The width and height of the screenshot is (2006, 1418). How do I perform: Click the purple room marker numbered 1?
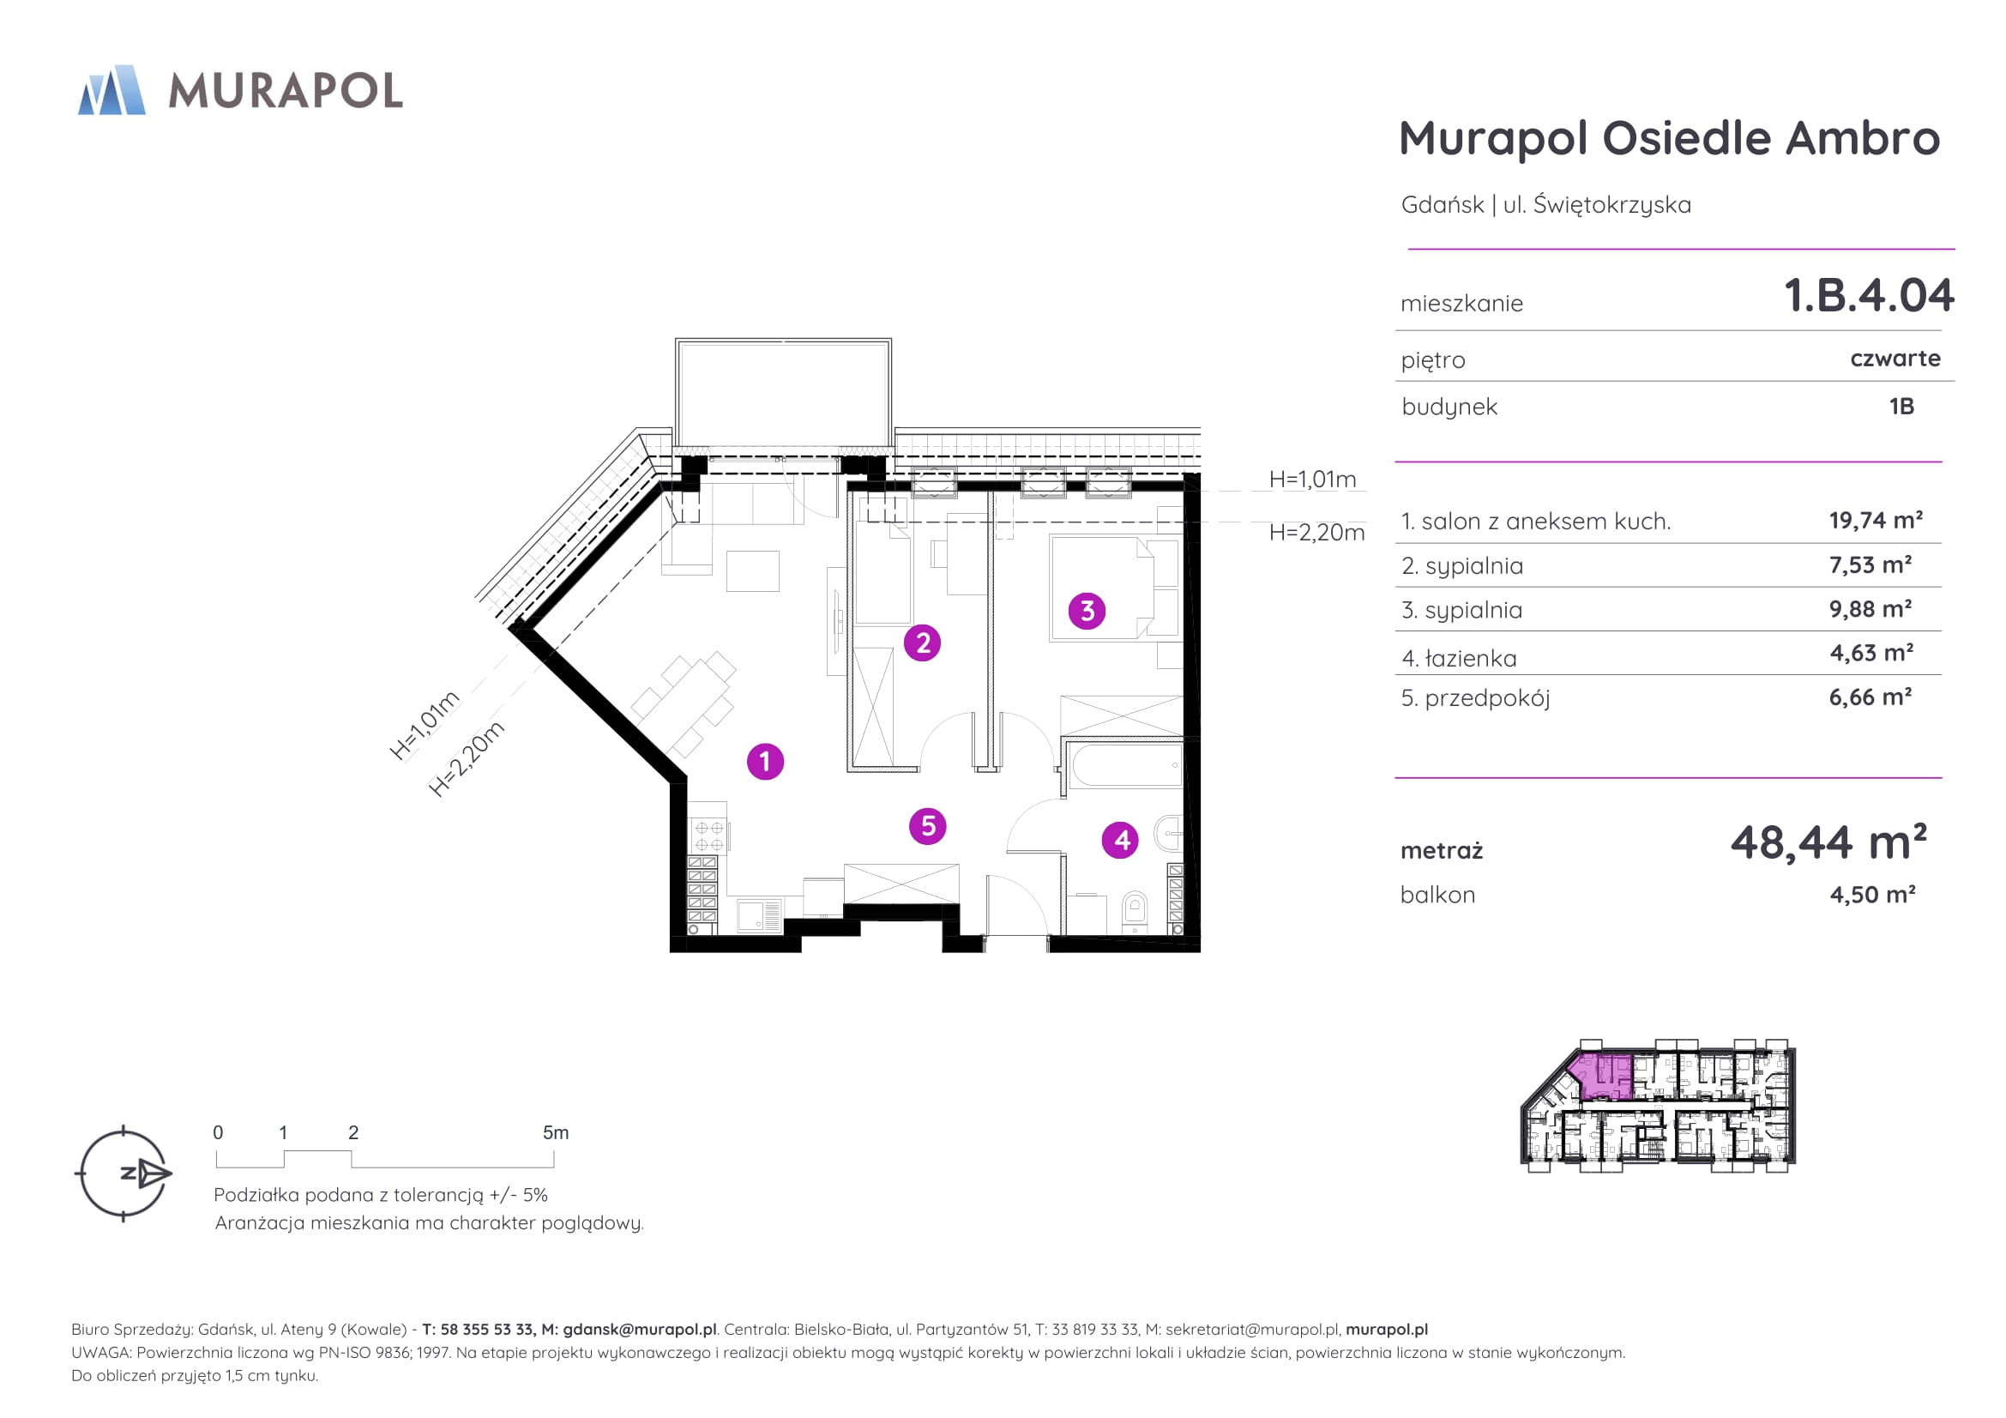(765, 761)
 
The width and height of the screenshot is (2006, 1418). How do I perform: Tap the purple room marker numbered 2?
(923, 643)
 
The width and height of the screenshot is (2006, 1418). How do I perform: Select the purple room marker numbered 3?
(1087, 611)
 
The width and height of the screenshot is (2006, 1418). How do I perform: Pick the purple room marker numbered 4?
(1120, 841)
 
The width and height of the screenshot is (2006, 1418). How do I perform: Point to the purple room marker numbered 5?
(928, 825)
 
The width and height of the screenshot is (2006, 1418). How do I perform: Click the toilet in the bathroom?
(1134, 909)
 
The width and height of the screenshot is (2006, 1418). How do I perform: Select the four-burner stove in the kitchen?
(708, 837)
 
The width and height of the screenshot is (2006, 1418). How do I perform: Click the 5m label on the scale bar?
(556, 1133)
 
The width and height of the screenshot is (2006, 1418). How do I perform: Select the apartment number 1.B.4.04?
(1869, 295)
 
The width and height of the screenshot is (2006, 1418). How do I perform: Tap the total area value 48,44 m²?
(1828, 842)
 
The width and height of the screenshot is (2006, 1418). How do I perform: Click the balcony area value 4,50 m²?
(1872, 895)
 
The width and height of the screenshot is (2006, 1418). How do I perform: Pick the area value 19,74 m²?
(1876, 521)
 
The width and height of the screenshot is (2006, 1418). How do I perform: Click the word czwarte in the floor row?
(1895, 359)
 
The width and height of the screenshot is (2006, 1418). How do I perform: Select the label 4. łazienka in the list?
(1459, 658)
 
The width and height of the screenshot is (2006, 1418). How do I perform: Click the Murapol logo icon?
(111, 90)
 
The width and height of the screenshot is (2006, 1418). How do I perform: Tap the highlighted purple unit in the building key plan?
(1599, 1076)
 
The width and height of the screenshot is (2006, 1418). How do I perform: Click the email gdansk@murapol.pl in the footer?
(640, 1329)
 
